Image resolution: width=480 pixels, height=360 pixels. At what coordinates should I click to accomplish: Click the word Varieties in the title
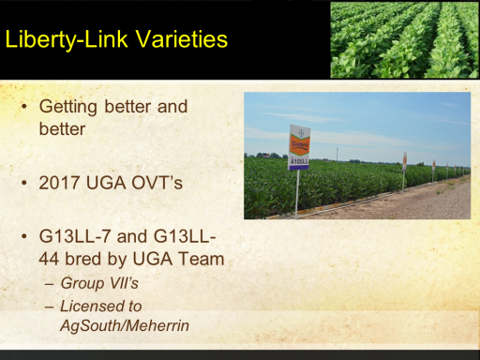(x=182, y=39)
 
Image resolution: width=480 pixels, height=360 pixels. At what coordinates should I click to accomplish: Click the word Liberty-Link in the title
(x=67, y=39)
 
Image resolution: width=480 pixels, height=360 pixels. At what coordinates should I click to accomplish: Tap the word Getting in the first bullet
(x=68, y=107)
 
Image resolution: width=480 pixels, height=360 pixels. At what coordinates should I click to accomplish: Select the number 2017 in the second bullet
(x=59, y=183)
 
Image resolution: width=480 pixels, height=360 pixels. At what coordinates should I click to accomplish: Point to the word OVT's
(x=157, y=183)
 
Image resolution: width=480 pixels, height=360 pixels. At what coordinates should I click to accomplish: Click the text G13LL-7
(x=75, y=236)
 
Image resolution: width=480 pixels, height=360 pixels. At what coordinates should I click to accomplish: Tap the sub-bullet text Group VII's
(x=99, y=283)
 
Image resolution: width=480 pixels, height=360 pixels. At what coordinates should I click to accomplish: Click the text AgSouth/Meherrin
(x=125, y=325)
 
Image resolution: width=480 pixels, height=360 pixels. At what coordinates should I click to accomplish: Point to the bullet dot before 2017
(x=24, y=183)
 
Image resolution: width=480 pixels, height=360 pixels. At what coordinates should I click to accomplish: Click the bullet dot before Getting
(x=24, y=107)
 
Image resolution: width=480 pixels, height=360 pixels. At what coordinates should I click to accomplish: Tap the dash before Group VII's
(x=49, y=284)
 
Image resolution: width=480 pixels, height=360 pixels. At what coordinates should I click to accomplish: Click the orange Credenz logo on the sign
(x=300, y=145)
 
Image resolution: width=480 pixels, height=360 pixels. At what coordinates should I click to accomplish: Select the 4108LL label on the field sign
(x=299, y=161)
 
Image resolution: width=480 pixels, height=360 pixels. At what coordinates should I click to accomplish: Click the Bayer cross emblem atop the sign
(x=301, y=132)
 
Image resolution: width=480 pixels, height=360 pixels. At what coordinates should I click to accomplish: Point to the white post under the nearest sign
(x=297, y=194)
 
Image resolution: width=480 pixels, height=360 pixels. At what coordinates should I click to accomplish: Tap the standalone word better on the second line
(x=62, y=129)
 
